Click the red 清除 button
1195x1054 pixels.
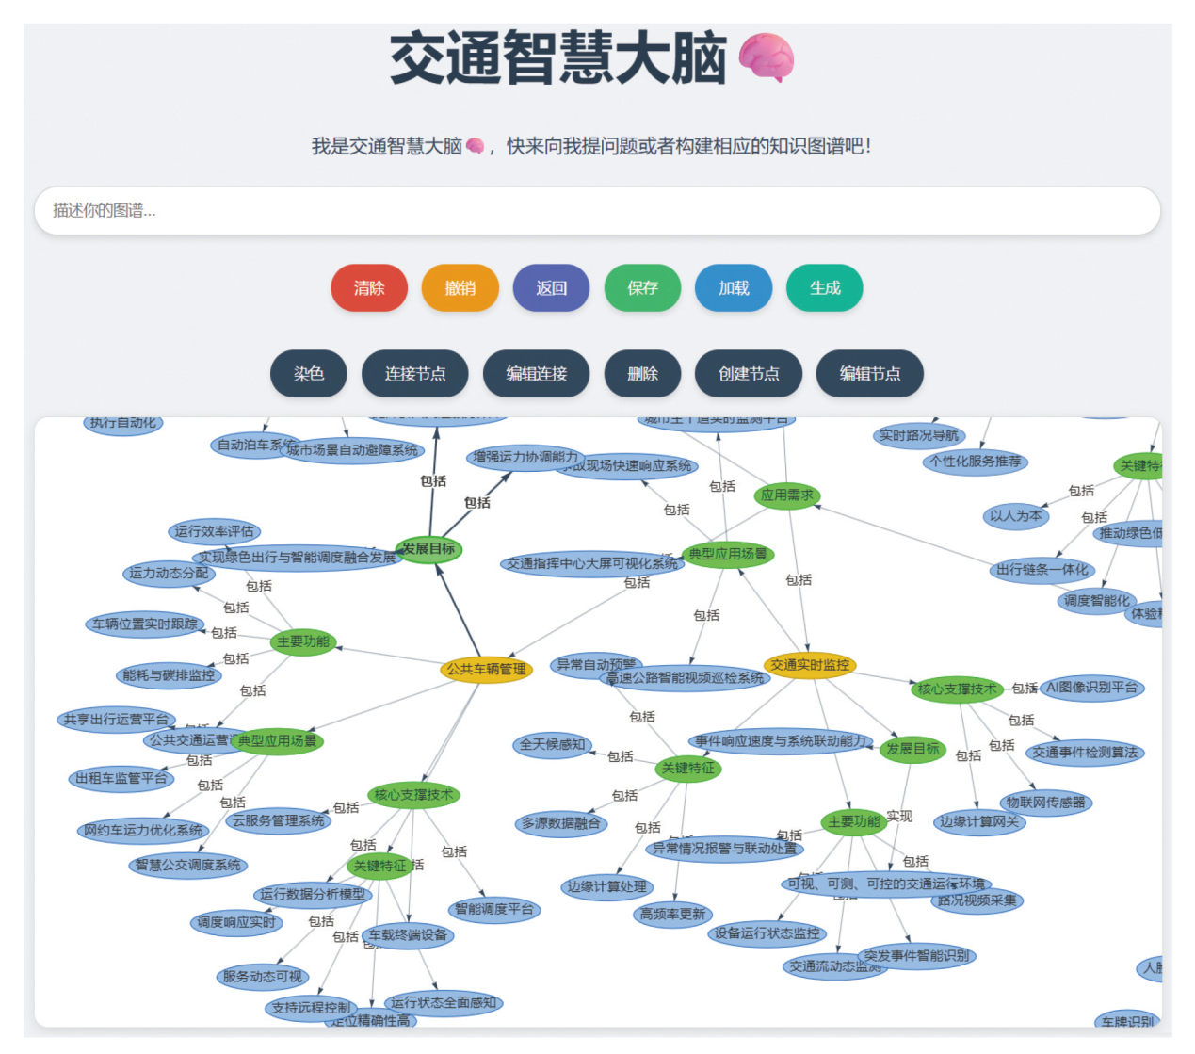369,288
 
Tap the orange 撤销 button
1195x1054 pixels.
460,288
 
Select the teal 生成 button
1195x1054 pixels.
824,288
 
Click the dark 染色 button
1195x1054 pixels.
308,374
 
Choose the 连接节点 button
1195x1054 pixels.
414,374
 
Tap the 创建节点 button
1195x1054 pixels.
748,374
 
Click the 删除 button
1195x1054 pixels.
642,374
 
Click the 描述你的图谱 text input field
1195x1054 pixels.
597,211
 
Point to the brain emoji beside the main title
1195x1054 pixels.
766,58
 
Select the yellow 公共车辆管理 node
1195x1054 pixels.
486,670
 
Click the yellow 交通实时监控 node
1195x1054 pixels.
810,665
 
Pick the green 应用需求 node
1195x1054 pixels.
787,495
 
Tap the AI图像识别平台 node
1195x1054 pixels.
1091,688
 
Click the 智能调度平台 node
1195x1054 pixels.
494,909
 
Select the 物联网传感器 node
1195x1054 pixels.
1045,803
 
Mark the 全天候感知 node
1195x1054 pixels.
553,744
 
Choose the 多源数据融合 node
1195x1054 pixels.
561,823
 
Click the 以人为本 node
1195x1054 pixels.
1015,516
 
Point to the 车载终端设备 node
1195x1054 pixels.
408,935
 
